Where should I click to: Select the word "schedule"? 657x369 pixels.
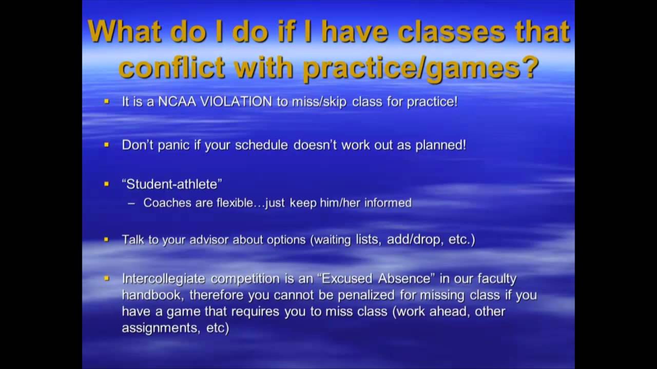tap(261, 145)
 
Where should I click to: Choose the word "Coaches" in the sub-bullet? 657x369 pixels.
tap(164, 203)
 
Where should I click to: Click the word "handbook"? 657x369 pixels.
tap(147, 295)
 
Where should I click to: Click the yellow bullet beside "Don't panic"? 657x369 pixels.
tap(107, 145)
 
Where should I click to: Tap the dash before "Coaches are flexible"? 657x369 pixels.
tap(131, 203)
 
